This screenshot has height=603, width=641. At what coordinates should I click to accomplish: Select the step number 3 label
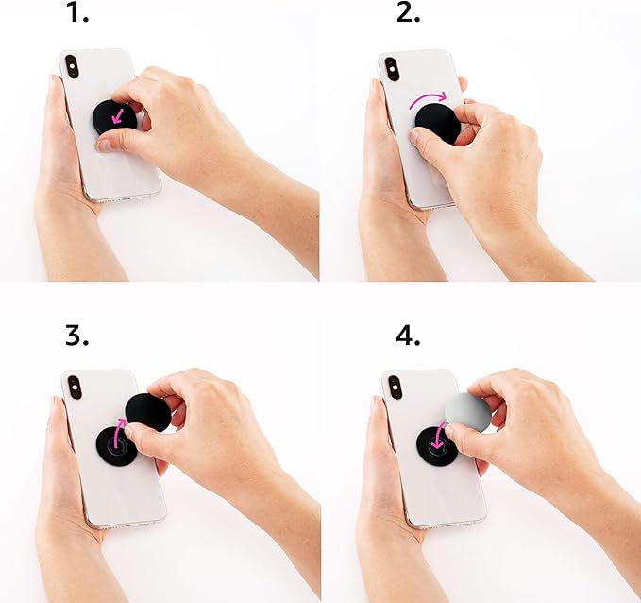tap(77, 336)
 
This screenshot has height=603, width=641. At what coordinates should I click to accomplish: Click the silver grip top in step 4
tap(466, 414)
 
